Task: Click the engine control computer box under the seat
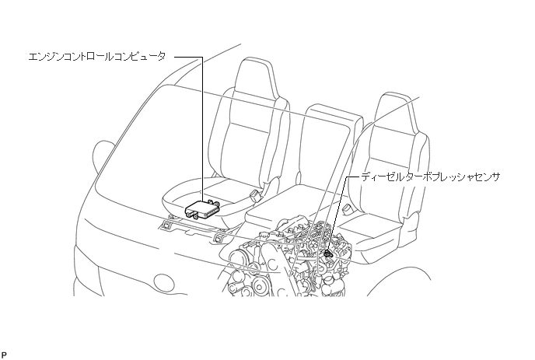coord(204,207)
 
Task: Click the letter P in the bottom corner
coord(4,354)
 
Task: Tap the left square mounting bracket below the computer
coord(167,227)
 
